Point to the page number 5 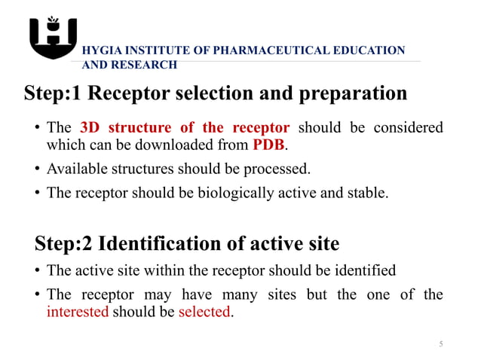tap(441, 344)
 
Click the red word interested tap(78, 312)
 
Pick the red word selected tap(204, 312)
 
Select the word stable tap(369, 192)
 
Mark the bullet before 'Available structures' tap(37, 168)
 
